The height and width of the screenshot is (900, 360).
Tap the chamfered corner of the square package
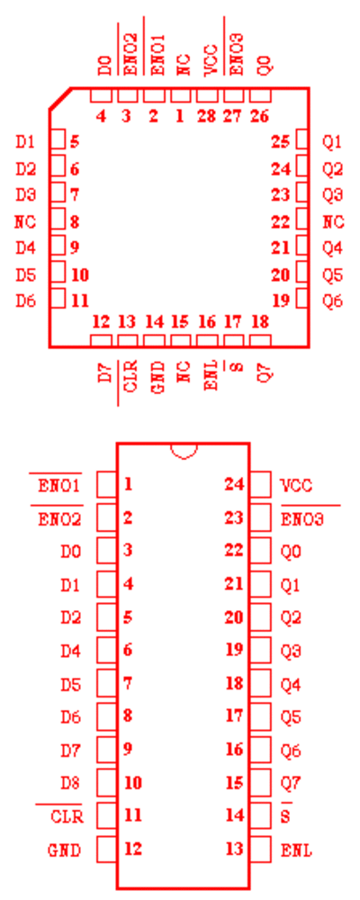pos(59,98)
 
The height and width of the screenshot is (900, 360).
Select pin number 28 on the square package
pos(206,116)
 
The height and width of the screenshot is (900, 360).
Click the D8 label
pos(70,783)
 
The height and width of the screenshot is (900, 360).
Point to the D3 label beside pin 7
pos(26,195)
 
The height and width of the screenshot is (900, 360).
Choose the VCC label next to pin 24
pos(296,486)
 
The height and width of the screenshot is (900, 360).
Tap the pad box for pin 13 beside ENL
pos(261,849)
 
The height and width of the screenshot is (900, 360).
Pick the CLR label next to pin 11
pos(67,816)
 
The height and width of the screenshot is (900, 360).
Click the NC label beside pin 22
pos(333,221)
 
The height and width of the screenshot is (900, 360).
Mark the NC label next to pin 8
pos(25,221)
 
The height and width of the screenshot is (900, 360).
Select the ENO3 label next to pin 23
pos(302,520)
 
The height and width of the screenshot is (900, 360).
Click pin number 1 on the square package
pos(180,116)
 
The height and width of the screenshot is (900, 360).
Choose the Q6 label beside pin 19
pos(333,301)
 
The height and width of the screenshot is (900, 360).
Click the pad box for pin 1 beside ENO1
pos(106,484)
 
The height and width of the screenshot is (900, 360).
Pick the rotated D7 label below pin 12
pos(104,373)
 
